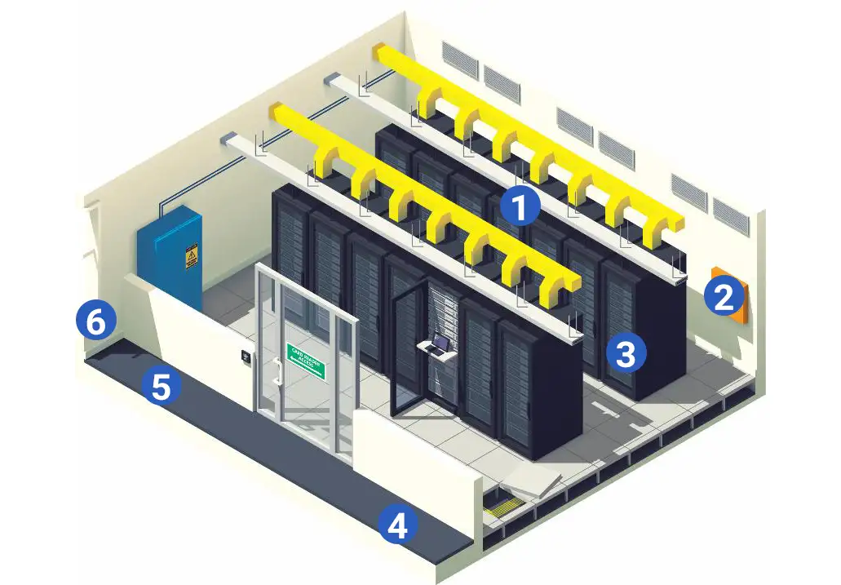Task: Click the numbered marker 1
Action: click(520, 207)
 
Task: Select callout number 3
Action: click(626, 353)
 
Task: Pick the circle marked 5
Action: click(162, 386)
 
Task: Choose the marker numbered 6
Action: click(95, 321)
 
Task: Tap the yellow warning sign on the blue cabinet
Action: click(192, 258)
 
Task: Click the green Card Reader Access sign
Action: click(306, 362)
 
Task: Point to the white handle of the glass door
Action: click(278, 371)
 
